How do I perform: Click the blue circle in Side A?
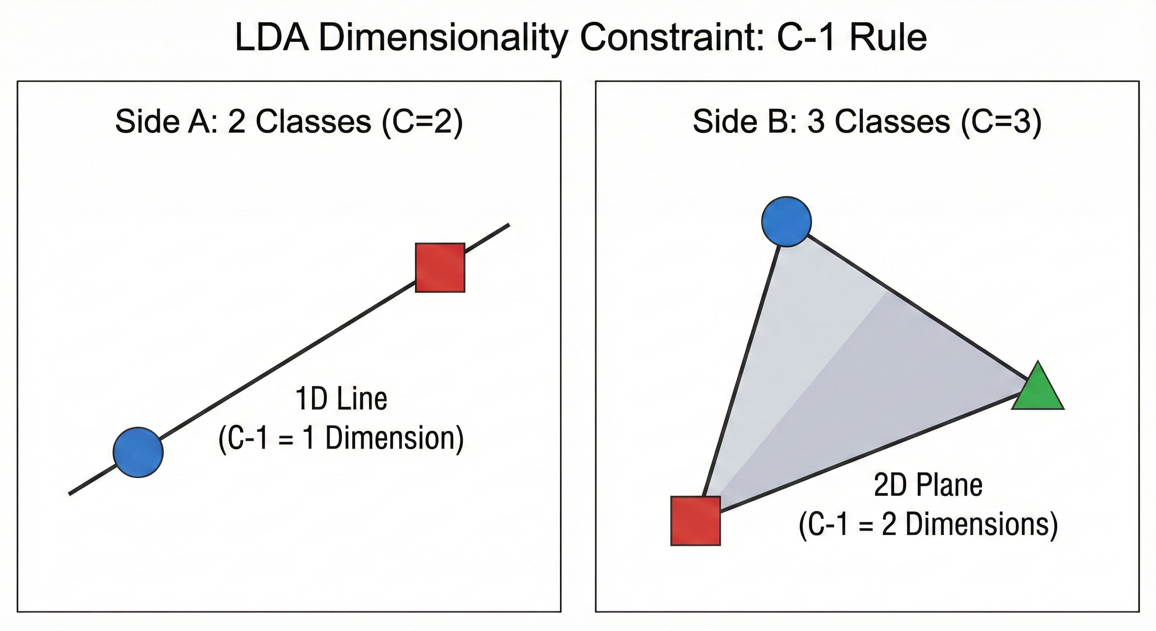pos(138,452)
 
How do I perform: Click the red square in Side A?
pos(440,268)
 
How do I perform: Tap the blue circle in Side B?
pos(786,221)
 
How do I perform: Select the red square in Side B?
pos(695,520)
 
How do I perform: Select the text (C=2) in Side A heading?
pos(422,122)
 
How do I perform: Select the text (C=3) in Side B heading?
pos(1001,122)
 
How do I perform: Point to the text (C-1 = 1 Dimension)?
pos(341,439)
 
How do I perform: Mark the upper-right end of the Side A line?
pos(508,225)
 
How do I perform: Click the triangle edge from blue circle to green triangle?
pos(915,310)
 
